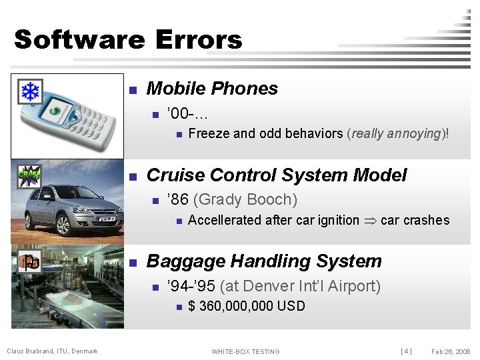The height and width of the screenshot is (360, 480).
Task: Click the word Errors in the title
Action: point(198,39)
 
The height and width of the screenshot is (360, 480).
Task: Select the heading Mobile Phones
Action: point(211,89)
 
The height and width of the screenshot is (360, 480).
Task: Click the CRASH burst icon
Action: point(29,177)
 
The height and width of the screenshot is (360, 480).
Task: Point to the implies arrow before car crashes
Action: point(369,221)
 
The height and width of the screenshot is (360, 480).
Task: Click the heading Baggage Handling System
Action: point(264,261)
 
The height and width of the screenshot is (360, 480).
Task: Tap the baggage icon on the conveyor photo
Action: point(29,262)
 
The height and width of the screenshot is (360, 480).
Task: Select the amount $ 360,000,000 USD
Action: point(247,306)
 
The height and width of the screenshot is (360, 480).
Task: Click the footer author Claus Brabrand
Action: point(52,351)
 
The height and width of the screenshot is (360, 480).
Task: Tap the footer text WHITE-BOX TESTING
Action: point(245,351)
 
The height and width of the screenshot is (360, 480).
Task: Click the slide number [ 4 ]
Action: point(405,351)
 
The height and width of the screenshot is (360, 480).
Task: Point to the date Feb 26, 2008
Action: point(451,351)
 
